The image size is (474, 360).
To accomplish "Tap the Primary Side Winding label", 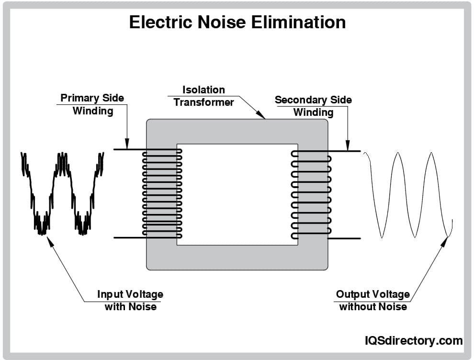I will tap(92, 104).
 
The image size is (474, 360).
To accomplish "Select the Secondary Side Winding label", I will tap(313, 106).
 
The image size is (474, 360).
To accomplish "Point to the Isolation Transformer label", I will tap(203, 96).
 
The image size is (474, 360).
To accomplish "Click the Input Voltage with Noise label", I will tap(130, 300).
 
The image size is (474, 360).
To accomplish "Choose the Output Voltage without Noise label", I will tap(373, 300).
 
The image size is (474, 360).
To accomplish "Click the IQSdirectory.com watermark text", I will tap(413, 340).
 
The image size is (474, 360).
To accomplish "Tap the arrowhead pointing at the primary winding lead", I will tap(127, 143).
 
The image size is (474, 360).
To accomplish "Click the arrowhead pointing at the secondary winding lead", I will tap(348, 145).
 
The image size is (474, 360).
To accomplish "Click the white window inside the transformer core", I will tap(237, 194).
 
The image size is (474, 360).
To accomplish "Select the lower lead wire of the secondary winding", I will tap(345, 238).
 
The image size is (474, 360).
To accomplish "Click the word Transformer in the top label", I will tap(203, 102).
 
